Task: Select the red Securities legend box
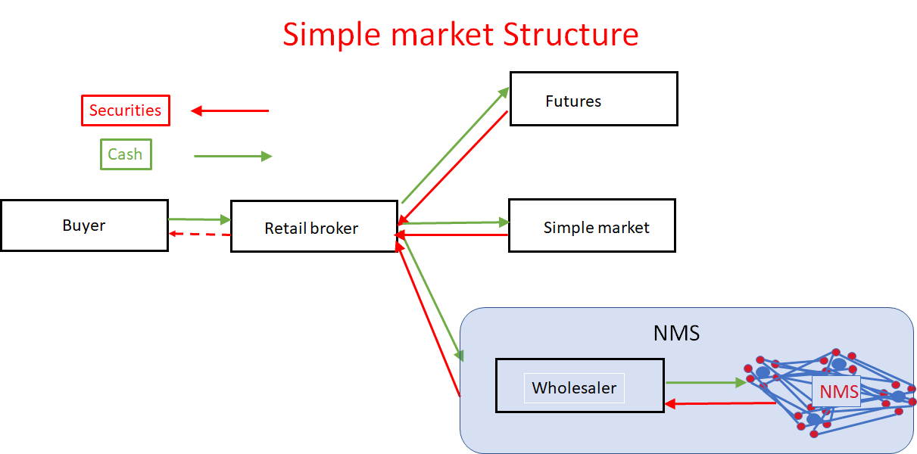pos(126,110)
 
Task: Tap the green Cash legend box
pos(126,154)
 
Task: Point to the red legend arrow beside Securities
pos(230,111)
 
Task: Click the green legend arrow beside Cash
pos(232,156)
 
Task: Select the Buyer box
pos(84,225)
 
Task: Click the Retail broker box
pos(313,227)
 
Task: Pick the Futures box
pos(593,99)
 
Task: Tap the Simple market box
pos(591,226)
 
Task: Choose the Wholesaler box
pos(579,386)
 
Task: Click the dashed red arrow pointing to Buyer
pos(199,234)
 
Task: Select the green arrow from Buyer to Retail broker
pos(199,219)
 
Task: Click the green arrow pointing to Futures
pos(455,145)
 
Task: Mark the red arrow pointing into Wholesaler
pos(719,404)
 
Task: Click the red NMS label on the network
pos(838,392)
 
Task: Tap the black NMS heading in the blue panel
pos(676,334)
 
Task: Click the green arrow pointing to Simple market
pos(454,222)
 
